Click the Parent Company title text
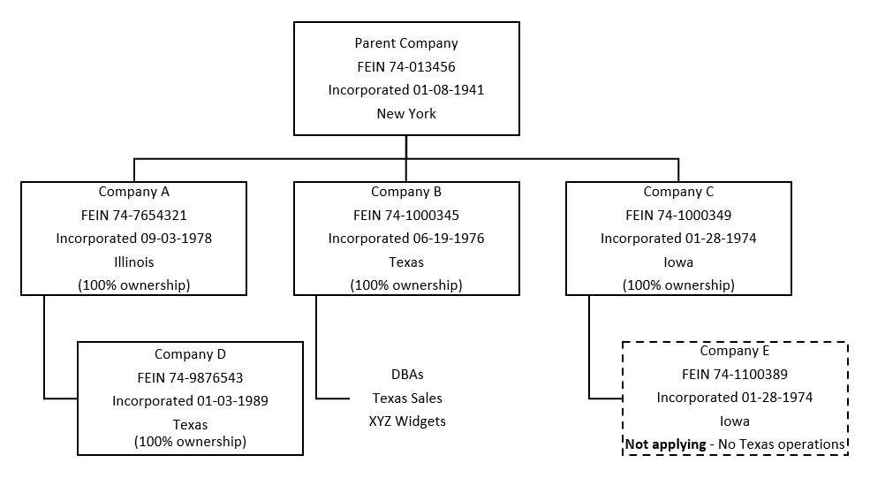click(406, 42)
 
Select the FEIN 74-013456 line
click(406, 66)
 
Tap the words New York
click(406, 114)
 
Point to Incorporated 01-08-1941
click(406, 90)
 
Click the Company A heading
click(134, 191)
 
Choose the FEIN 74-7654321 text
click(134, 215)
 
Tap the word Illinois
click(134, 262)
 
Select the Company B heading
click(406, 191)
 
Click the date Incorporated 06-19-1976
click(406, 239)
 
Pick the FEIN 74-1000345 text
click(406, 215)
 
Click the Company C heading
click(678, 191)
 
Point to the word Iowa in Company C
click(678, 262)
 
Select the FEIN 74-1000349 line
click(678, 215)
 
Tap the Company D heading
click(190, 354)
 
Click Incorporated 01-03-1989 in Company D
click(190, 401)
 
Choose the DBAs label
click(407, 375)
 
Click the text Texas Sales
click(407, 398)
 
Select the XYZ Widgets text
click(407, 421)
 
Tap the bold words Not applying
click(665, 444)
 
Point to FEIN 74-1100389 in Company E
click(735, 375)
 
